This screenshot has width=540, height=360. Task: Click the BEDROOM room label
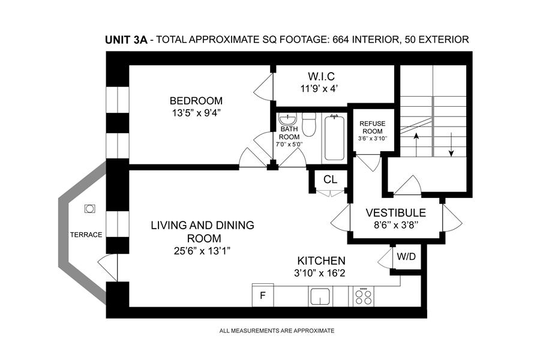[196, 101]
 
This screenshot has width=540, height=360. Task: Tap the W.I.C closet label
[321, 76]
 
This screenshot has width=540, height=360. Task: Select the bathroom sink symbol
[287, 119]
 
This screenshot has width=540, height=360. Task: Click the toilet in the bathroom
[309, 124]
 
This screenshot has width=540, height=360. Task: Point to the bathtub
[334, 138]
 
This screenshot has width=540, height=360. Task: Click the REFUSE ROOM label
[372, 127]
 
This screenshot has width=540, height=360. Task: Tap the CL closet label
[330, 179]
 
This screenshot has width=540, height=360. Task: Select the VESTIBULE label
[396, 212]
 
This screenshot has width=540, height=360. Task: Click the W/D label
[406, 257]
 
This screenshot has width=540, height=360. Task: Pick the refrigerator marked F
[263, 295]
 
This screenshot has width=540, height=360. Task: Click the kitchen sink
[320, 296]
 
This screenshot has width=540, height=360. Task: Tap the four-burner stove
[364, 296]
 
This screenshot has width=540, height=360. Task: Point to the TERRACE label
[86, 235]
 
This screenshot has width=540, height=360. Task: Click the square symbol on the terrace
[89, 209]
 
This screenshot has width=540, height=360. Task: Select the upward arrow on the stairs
[416, 145]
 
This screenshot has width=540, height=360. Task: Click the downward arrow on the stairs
[451, 145]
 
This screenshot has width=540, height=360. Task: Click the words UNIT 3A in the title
[126, 40]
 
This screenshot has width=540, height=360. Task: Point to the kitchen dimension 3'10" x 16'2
[320, 274]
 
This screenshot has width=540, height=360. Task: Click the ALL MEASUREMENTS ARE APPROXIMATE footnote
[277, 331]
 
